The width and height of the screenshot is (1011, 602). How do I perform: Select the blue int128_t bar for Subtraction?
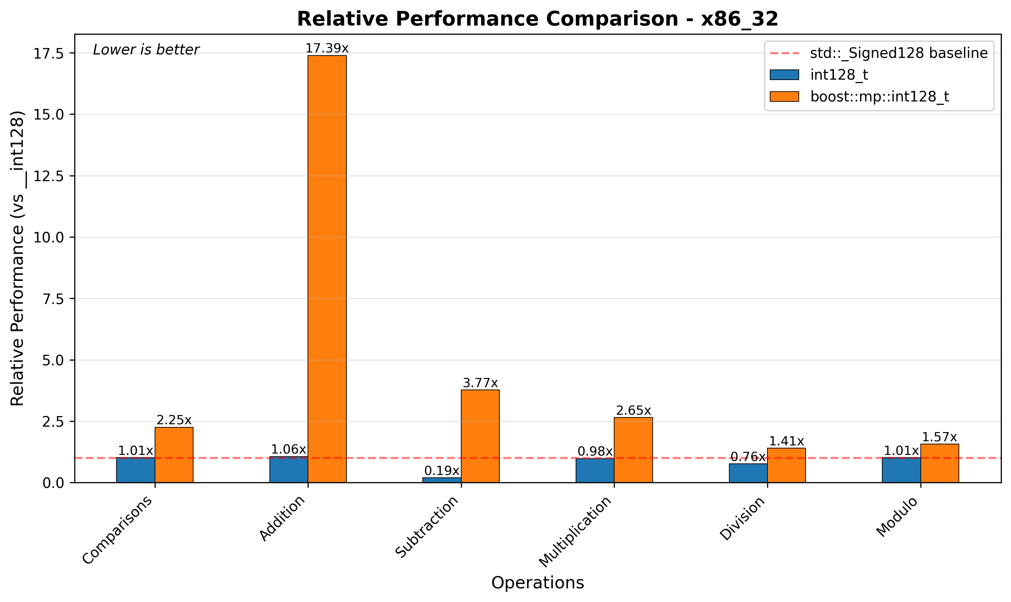(441, 480)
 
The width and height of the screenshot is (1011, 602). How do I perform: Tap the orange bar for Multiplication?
(633, 450)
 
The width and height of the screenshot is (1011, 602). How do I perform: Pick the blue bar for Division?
(748, 473)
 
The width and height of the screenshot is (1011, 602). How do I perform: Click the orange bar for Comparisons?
(174, 455)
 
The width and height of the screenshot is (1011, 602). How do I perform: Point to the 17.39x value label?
(327, 48)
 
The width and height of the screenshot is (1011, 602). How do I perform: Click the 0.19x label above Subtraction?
(441, 471)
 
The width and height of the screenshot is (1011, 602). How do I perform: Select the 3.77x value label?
(480, 383)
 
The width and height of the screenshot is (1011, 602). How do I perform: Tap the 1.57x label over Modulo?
(939, 437)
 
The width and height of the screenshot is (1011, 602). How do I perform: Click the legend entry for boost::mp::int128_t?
(880, 97)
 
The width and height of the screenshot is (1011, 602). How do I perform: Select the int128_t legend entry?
(839, 75)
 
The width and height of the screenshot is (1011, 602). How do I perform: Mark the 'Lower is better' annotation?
(146, 50)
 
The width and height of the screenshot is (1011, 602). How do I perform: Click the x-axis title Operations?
(537, 583)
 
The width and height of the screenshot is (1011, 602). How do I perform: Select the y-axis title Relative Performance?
(17, 258)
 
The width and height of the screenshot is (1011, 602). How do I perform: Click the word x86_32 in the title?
(739, 19)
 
